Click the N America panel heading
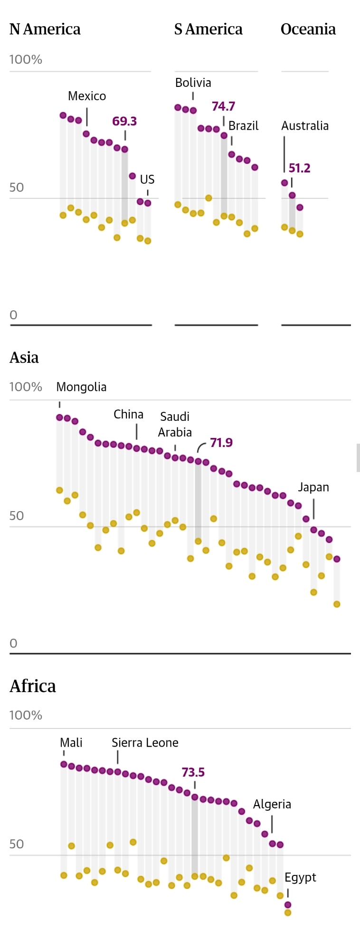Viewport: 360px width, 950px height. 45,29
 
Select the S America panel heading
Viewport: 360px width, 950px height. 208,29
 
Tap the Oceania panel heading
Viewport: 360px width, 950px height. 308,29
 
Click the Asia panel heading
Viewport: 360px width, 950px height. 24,358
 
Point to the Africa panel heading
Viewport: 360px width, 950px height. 33,686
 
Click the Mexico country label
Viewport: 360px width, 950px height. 87,96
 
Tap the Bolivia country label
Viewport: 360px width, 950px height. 193,83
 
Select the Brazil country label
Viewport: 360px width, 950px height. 244,126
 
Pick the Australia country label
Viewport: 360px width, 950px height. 305,126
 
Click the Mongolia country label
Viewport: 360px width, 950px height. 81,387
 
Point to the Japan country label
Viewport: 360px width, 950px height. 313,487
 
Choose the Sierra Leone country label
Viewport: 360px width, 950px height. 145,743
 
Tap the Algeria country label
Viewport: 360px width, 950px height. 272,804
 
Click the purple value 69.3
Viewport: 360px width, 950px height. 124,122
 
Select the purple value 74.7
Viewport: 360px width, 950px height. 223,106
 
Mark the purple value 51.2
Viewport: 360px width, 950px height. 300,168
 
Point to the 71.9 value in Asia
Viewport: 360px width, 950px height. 221,443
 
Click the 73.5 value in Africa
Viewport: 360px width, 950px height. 193,772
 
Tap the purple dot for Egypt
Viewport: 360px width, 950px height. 288,905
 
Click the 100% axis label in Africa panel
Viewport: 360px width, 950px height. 26,715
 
